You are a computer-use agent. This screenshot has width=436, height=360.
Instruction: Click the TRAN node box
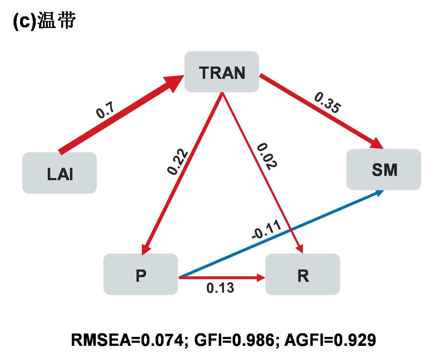(222, 72)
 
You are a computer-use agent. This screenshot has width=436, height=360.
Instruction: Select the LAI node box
(59, 173)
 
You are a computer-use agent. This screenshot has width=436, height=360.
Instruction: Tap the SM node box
(384, 169)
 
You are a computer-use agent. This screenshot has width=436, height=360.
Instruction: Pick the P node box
(141, 274)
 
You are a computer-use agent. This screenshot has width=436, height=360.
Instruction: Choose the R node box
(303, 274)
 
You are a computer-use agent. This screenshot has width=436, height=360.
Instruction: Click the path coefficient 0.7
(105, 110)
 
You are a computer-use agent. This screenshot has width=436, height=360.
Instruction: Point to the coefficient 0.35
(328, 103)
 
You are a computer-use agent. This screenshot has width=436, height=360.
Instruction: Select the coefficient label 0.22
(177, 162)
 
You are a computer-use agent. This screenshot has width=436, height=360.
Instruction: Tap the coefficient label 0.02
(267, 156)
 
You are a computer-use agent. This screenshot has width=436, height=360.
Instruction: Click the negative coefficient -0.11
(267, 230)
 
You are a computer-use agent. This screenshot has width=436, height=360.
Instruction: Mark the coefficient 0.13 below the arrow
(220, 288)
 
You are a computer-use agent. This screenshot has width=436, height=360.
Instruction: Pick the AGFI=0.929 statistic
(330, 340)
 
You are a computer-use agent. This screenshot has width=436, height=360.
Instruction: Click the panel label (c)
(24, 22)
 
